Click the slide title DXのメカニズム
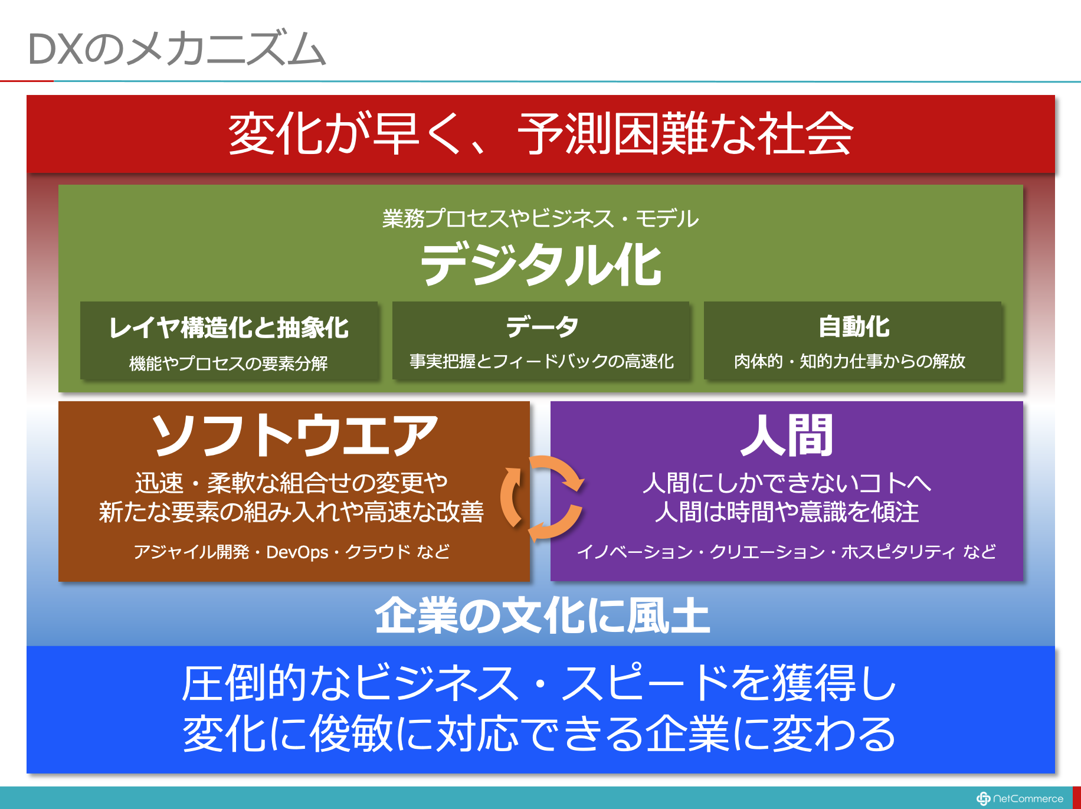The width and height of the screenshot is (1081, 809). (176, 48)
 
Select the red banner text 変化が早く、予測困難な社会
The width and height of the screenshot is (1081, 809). (540, 134)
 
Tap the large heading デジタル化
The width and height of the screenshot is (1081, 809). (540, 265)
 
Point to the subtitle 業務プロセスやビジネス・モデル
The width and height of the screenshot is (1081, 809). (540, 219)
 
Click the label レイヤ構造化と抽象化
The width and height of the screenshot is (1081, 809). (229, 327)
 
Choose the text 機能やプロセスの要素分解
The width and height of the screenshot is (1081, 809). (229, 363)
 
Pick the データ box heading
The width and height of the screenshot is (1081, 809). (542, 326)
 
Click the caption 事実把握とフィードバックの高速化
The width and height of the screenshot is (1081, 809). (542, 361)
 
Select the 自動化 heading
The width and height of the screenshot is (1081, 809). (854, 326)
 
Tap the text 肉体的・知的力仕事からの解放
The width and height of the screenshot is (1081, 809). (850, 361)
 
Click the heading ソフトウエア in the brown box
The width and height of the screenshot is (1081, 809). (294, 435)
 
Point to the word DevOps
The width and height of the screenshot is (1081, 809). (297, 552)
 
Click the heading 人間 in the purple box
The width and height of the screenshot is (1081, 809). (787, 435)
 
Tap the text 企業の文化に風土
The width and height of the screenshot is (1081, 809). (542, 615)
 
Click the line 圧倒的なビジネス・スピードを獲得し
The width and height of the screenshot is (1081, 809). (539, 683)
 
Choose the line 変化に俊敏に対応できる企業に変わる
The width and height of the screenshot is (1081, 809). (539, 733)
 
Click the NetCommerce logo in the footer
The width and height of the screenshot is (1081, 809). (1020, 798)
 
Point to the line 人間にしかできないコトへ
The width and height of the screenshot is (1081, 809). (787, 483)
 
